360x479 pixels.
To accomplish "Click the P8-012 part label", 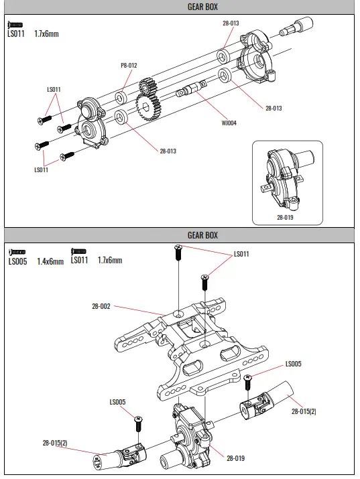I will pyautogui.click(x=129, y=65).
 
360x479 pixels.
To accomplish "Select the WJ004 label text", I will pyautogui.click(x=229, y=123).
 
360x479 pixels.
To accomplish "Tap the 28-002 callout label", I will pyautogui.click(x=101, y=306).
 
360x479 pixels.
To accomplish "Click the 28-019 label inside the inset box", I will pyautogui.click(x=285, y=217).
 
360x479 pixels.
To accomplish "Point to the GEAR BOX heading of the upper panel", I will pyautogui.click(x=202, y=7).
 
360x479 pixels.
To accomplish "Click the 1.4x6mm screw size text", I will pyautogui.click(x=50, y=261).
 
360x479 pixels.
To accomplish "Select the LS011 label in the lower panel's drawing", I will pyautogui.click(x=241, y=255).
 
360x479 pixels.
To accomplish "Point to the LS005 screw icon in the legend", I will pyautogui.click(x=16, y=252).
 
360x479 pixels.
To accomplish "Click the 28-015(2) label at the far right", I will pyautogui.click(x=304, y=411).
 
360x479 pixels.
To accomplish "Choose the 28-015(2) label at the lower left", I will pyautogui.click(x=55, y=443).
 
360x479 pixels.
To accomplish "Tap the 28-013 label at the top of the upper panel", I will pyautogui.click(x=230, y=23).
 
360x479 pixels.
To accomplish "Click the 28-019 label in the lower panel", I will pyautogui.click(x=235, y=458).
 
